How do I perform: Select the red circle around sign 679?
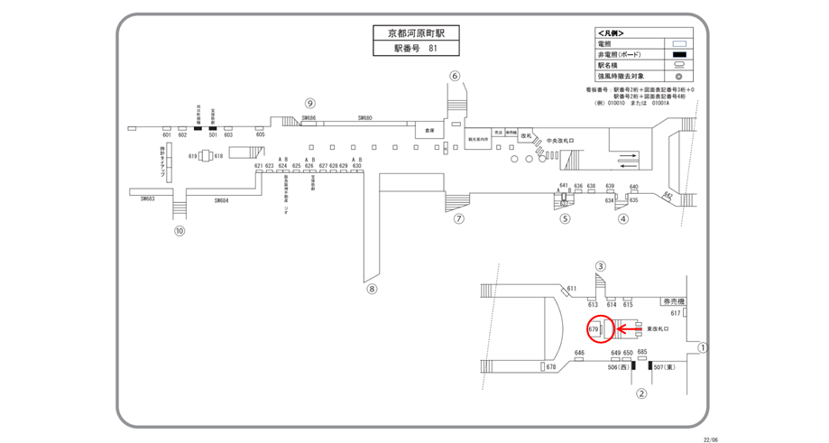coord(599,330)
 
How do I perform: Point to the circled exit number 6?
coord(455,76)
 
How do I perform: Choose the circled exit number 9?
coord(309,103)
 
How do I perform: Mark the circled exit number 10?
coord(180,230)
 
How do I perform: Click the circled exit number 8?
coord(371,289)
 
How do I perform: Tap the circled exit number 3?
coord(600,266)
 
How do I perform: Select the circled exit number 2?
coord(641,392)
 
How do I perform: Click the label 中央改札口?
coord(560,141)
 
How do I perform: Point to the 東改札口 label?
coord(656,329)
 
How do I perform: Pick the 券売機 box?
coord(673,301)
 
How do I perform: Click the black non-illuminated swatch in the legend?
coord(680,54)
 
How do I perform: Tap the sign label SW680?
coord(365,118)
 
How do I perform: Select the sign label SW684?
coord(222,200)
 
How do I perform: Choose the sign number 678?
coord(550,367)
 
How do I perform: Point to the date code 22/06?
coord(710,439)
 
